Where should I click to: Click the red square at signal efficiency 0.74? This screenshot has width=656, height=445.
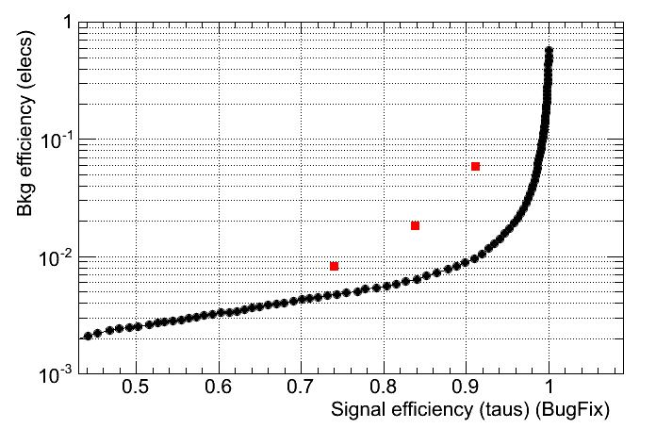[x=334, y=267]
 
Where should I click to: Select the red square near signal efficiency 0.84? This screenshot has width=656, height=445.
[x=415, y=225]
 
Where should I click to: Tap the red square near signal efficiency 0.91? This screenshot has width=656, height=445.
[x=475, y=167]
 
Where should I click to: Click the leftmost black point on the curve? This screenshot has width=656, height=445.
[x=88, y=336]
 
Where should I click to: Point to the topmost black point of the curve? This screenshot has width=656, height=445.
[x=549, y=52]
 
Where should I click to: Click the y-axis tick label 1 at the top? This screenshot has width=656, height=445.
[x=67, y=24]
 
